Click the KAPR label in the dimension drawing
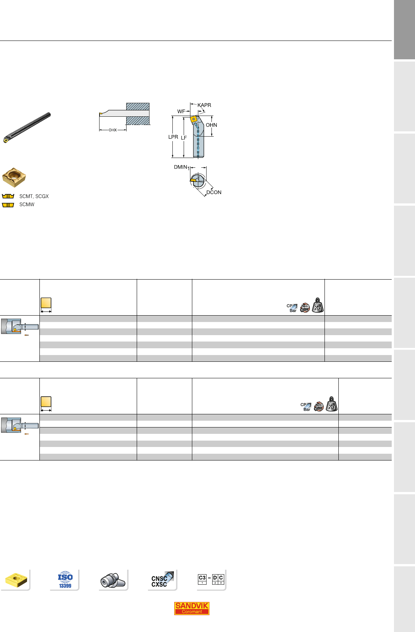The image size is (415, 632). [204, 105]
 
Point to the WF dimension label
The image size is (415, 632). [181, 111]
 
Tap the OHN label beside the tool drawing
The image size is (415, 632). [211, 125]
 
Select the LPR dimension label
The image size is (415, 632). [173, 137]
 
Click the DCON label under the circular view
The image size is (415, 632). [214, 193]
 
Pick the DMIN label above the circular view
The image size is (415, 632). [180, 167]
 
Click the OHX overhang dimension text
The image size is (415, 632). [113, 130]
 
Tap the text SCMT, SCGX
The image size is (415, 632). [34, 196]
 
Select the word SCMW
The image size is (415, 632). [27, 205]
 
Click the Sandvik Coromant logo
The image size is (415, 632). [192, 608]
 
